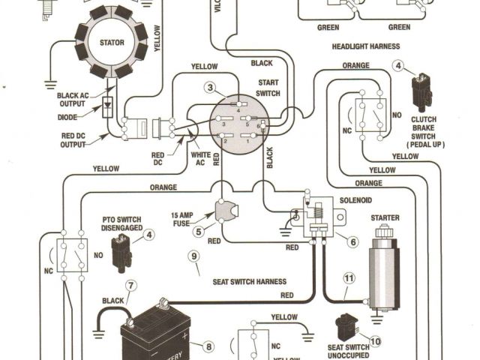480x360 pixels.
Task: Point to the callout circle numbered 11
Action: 348,278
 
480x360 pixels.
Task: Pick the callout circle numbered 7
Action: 130,285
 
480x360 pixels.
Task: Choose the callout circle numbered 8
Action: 208,346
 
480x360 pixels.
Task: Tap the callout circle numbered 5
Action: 199,232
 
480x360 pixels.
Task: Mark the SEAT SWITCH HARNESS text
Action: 249,281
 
